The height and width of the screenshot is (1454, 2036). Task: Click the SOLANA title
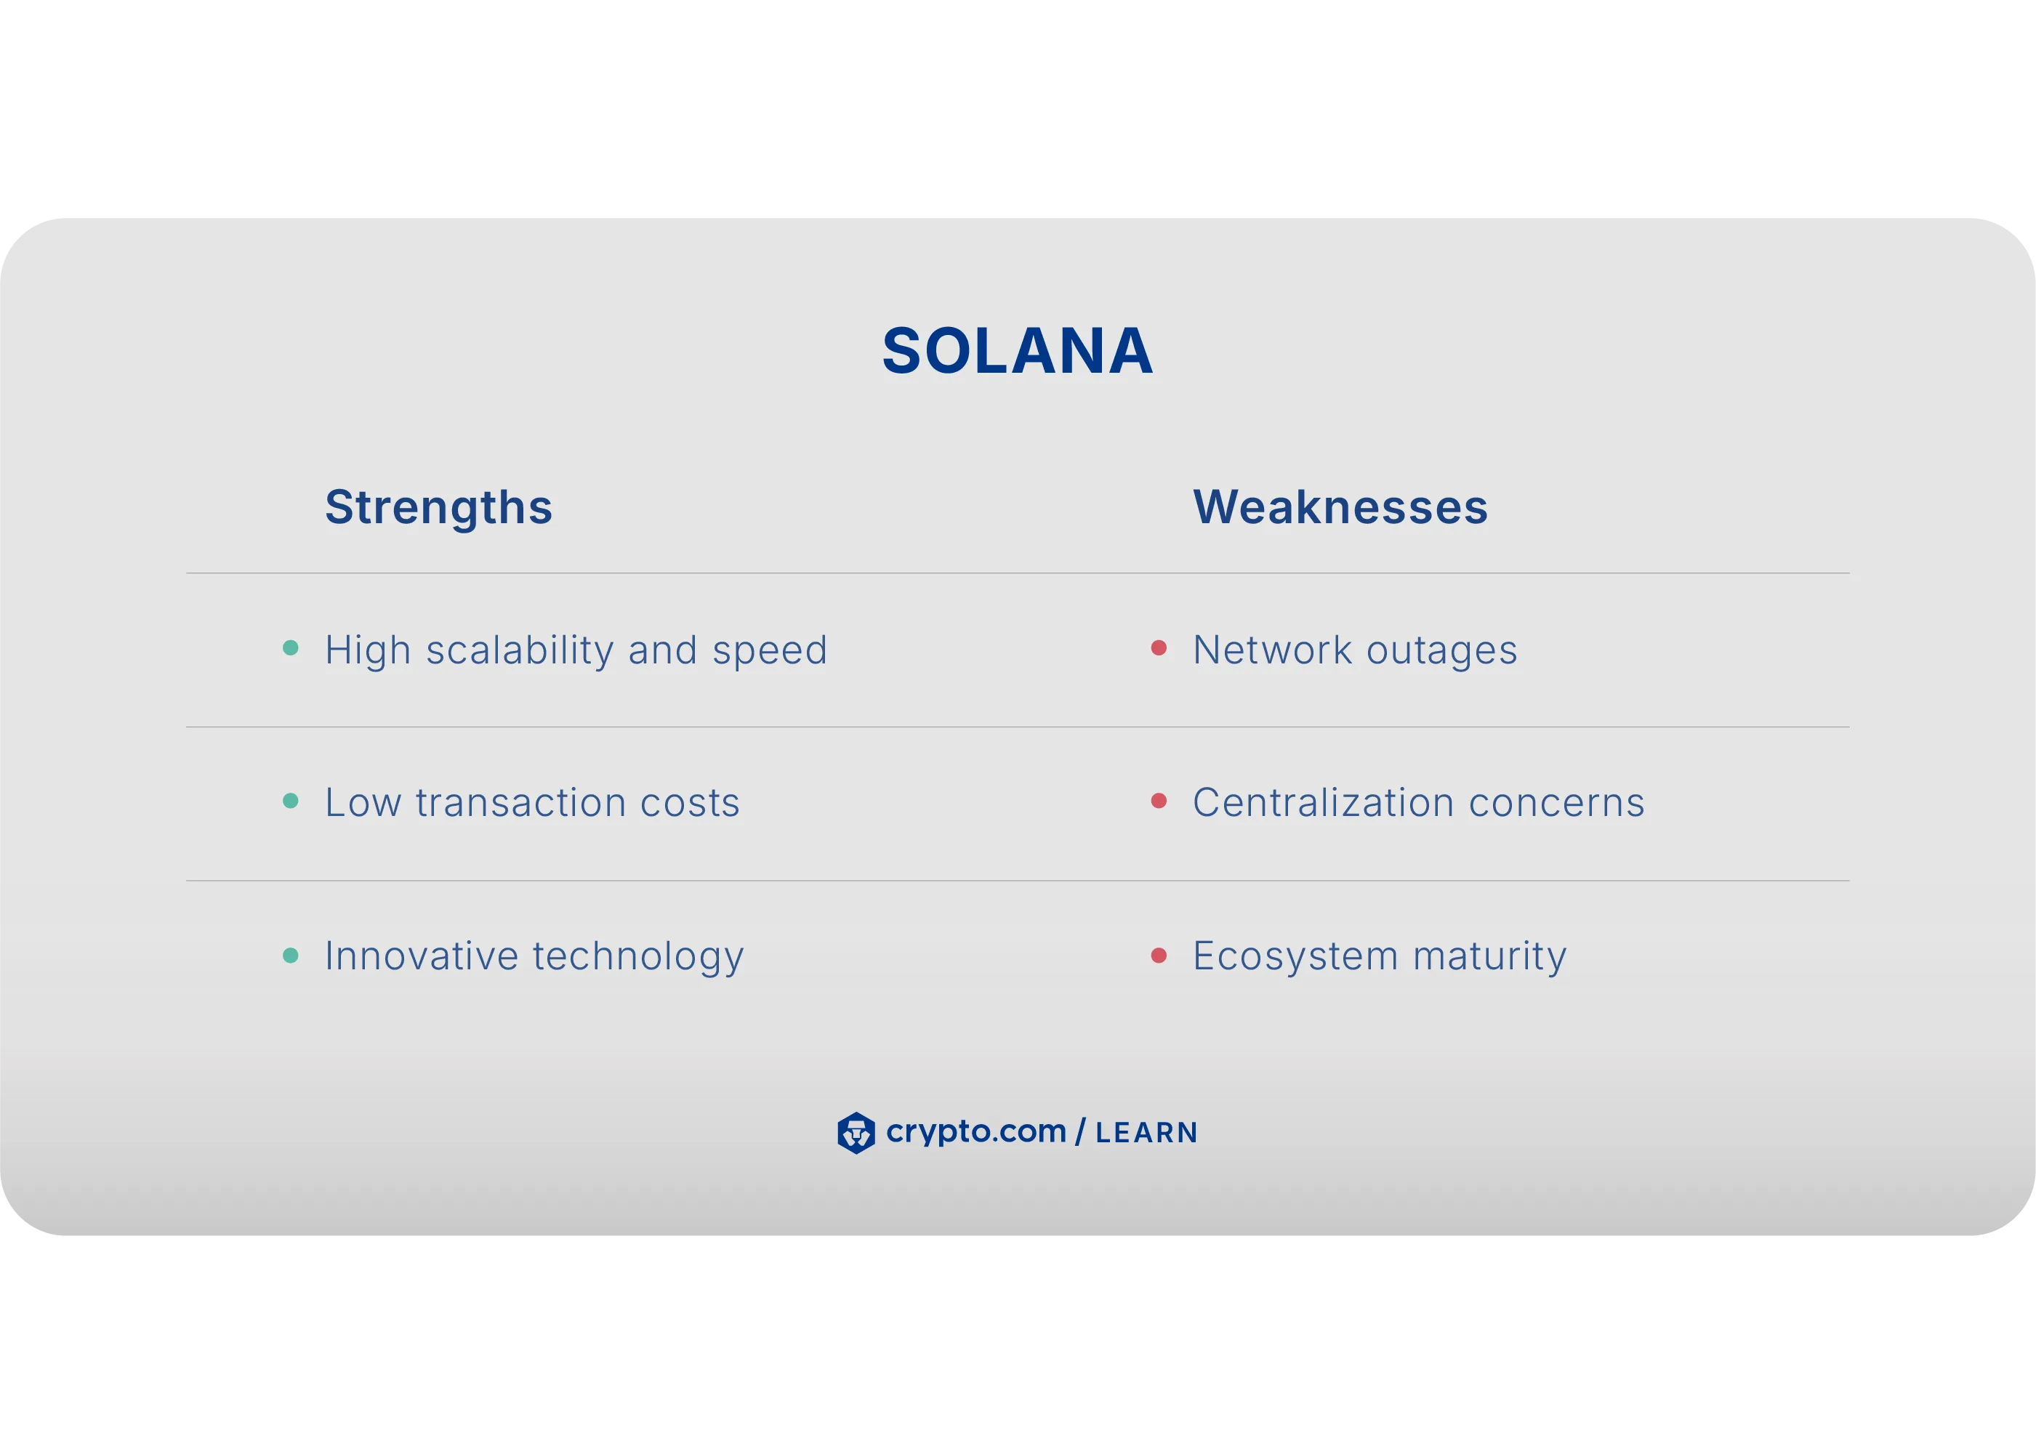point(1018,351)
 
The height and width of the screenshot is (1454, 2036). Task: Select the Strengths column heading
point(438,508)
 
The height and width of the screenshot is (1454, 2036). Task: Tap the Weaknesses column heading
point(1340,508)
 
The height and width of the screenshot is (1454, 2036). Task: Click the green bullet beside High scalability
point(290,648)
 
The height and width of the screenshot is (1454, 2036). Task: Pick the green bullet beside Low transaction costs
point(290,801)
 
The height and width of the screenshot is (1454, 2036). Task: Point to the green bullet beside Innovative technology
point(290,956)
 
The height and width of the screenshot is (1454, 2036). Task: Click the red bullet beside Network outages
point(1158,648)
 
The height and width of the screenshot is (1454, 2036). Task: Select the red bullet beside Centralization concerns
point(1158,801)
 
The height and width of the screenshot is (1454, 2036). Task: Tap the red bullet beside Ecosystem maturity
point(1158,956)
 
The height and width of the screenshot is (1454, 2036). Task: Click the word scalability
point(520,651)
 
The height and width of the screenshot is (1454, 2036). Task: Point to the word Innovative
point(421,956)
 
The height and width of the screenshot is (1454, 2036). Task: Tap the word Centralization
point(1323,803)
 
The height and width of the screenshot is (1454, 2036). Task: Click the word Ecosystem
point(1295,957)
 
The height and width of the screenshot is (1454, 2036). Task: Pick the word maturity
point(1489,957)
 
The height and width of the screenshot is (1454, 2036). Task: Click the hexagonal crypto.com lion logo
point(856,1133)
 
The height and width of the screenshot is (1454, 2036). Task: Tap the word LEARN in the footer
point(1146,1134)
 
